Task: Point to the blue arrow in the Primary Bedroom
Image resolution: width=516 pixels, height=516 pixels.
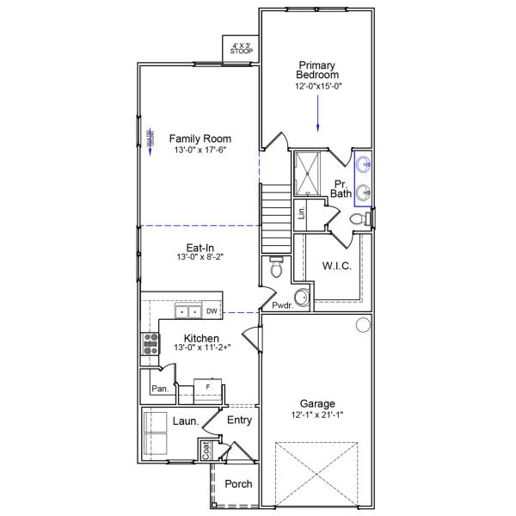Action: pos(318,113)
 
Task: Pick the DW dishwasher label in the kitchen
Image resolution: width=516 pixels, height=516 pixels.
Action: pos(212,311)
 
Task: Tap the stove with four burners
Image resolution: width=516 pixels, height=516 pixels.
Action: pos(150,344)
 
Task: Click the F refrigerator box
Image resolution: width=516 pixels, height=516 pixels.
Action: pos(208,387)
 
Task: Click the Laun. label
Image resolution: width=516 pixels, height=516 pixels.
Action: pos(186,421)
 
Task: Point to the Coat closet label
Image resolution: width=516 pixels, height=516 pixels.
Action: pos(206,449)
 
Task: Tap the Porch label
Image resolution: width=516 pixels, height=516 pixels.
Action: pos(238,484)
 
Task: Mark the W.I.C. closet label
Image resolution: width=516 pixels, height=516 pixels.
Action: pos(336,266)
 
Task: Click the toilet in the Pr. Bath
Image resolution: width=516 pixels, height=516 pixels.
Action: pos(359,220)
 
